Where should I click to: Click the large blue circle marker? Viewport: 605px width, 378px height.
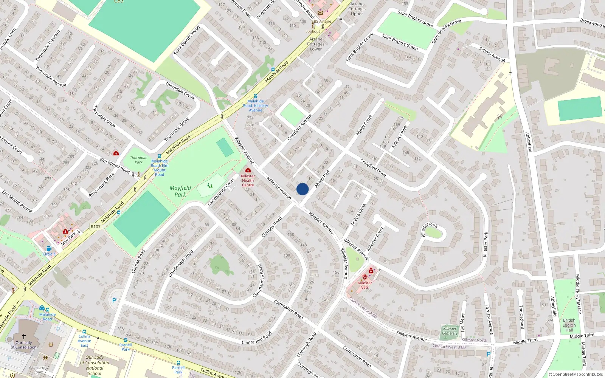[x=302, y=189]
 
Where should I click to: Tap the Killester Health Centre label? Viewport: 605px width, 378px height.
[x=248, y=180]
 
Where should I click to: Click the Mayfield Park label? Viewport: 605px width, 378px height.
[x=180, y=191]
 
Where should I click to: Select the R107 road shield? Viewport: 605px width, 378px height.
[x=96, y=227]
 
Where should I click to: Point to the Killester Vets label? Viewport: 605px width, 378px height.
[x=365, y=285]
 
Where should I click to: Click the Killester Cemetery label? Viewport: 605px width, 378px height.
[x=450, y=331]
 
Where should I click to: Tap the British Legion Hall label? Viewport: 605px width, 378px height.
[x=569, y=325]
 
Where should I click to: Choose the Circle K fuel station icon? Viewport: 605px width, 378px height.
[x=49, y=248]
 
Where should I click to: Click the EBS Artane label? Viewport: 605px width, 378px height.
[x=321, y=22]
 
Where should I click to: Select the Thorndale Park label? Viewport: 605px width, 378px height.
[x=139, y=160]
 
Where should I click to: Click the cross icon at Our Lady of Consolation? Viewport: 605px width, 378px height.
[x=23, y=336]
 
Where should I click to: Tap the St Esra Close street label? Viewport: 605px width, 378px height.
[x=358, y=214]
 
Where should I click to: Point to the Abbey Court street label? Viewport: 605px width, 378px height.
[x=364, y=125]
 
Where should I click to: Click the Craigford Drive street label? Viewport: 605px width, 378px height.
[x=373, y=168]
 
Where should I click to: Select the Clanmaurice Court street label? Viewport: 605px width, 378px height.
[x=221, y=192]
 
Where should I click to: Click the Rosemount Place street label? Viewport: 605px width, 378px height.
[x=101, y=185]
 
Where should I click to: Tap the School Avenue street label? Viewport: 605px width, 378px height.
[x=492, y=54]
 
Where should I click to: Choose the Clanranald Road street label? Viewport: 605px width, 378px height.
[x=257, y=338]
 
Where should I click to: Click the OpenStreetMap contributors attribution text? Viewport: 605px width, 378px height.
[x=576, y=375]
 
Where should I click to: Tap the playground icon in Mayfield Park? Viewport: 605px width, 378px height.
[x=210, y=186]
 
